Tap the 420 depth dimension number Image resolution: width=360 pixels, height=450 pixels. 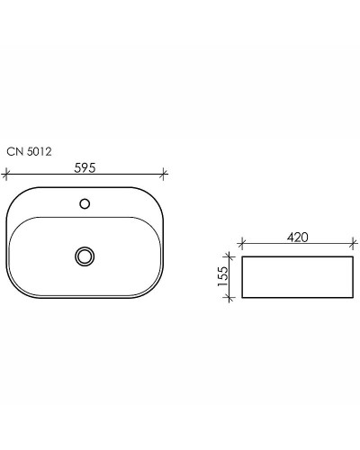point(297,237)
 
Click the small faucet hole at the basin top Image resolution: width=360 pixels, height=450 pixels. point(85,203)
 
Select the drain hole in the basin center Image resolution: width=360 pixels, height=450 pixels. point(85,256)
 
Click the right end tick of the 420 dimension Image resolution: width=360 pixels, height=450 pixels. point(351,245)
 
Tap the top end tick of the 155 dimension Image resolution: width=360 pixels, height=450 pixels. point(233,256)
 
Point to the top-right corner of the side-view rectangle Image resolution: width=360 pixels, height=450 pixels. point(351,256)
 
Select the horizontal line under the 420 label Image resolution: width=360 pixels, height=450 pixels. point(297,245)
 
